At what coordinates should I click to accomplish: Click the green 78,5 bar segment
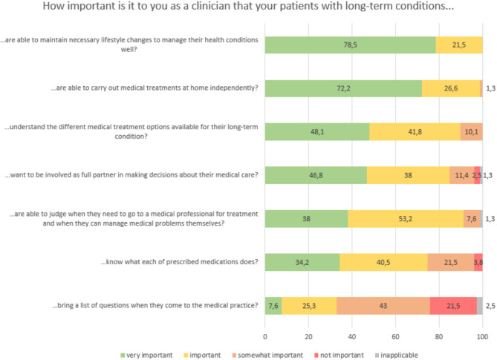[350, 46]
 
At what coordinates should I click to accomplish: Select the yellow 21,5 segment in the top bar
[458, 46]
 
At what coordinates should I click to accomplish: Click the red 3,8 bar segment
[478, 262]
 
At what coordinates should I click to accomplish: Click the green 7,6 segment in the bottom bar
[273, 305]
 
